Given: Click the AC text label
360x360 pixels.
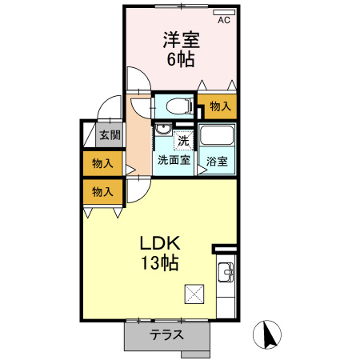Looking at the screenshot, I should click(x=224, y=21).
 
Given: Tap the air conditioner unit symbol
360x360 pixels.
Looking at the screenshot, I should click(x=222, y=12).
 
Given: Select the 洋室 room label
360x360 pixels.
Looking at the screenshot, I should click(x=182, y=40).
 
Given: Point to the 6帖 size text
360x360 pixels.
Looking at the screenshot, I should click(x=181, y=59).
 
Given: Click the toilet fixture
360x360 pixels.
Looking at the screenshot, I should click(x=178, y=105).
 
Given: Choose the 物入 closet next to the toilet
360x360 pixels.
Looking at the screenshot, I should click(x=220, y=105).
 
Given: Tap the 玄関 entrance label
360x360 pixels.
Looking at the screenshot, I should click(x=110, y=136).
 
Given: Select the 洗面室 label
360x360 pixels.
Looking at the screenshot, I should click(x=173, y=160).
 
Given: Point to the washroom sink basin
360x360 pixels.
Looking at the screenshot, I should click(x=162, y=130).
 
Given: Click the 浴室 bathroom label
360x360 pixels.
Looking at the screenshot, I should click(x=218, y=161).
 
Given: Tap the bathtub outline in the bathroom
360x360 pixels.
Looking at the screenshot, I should click(x=217, y=138).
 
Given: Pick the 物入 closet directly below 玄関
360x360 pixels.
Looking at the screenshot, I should click(x=102, y=164).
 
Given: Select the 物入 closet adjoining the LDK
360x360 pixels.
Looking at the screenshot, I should click(x=102, y=192).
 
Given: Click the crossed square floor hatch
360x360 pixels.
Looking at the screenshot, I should click(x=194, y=294).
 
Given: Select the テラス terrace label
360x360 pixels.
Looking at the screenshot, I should click(x=167, y=336).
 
